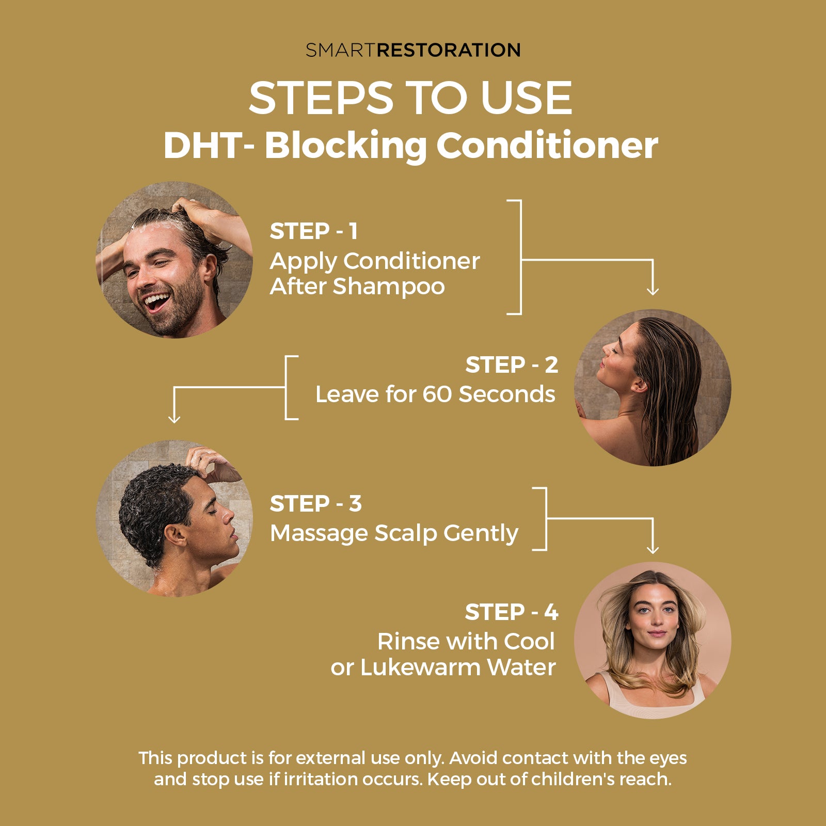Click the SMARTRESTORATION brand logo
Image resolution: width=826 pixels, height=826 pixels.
coord(413,50)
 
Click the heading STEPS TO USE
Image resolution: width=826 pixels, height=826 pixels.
coord(410,98)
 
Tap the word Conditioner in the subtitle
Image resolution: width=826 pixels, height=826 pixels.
coord(547,145)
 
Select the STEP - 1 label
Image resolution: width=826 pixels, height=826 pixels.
coord(313,231)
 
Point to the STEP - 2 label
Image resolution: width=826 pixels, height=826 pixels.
coord(512,365)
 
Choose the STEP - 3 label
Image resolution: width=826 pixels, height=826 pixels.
coord(315,504)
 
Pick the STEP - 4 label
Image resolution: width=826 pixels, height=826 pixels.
coord(512,612)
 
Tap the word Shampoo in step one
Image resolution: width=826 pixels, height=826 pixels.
coord(388,287)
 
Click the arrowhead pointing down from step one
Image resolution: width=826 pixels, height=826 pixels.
coord(653,291)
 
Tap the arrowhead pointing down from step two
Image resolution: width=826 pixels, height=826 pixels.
coord(174,419)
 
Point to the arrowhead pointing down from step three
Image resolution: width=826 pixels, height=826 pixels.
coord(653,550)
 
